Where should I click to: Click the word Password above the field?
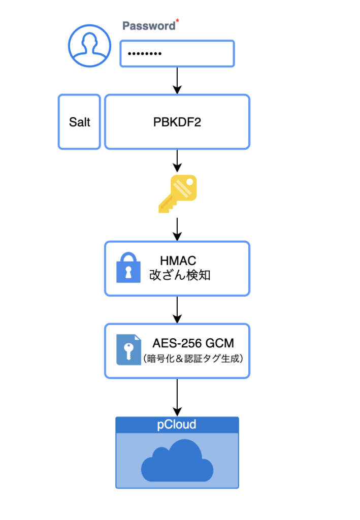tap(148, 26)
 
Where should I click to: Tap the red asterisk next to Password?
tap(177, 22)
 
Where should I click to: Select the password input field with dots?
tap(177, 54)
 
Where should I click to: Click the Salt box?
tap(79, 122)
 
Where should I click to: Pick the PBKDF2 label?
tap(177, 122)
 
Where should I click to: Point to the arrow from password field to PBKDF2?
tap(177, 80)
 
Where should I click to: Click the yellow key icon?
tap(177, 193)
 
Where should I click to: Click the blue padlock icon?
tap(128, 268)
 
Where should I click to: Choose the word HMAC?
tap(178, 261)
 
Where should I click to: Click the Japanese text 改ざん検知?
tap(179, 276)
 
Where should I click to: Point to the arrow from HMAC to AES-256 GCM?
tap(177, 309)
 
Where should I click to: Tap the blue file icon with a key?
tap(128, 350)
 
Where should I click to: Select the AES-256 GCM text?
tap(193, 343)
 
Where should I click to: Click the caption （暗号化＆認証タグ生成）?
tap(193, 358)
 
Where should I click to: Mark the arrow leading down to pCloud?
tap(177, 397)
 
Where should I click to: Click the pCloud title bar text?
tap(177, 425)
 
